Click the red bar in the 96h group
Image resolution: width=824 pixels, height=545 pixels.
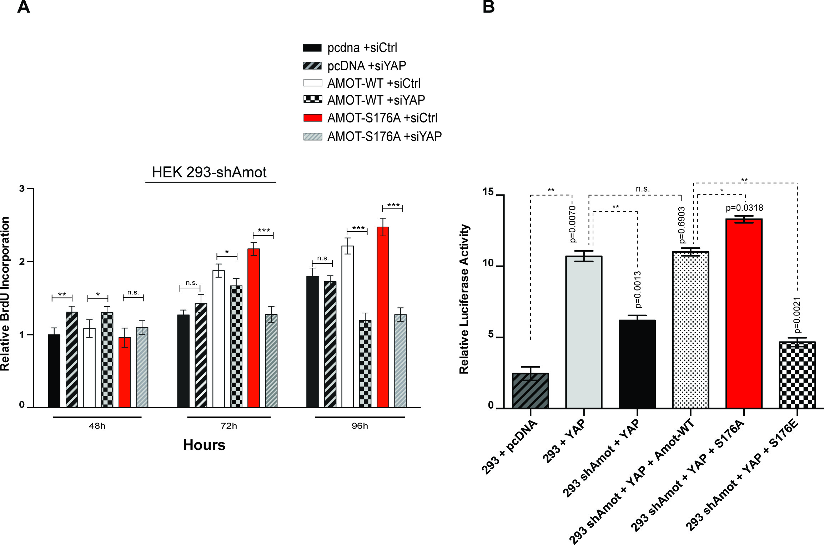(383, 318)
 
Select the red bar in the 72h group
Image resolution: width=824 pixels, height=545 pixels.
(253, 328)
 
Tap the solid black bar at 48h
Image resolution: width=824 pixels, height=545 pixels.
(54, 371)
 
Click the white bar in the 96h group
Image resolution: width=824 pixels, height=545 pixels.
(347, 327)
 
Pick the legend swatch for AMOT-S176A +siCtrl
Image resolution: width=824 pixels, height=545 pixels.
(312, 118)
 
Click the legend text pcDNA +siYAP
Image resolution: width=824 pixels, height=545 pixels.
(367, 66)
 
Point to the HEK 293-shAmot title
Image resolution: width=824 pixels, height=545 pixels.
(209, 172)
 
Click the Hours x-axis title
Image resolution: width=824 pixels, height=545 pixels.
(204, 445)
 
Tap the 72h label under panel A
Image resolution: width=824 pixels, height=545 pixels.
(229, 426)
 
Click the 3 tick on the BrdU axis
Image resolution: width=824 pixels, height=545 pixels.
(22, 188)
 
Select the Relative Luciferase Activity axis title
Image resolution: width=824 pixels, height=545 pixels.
(464, 299)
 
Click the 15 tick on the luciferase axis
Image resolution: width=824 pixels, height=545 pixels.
(488, 192)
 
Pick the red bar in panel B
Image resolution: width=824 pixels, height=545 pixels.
(744, 314)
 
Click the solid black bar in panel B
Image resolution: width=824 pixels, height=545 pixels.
(637, 364)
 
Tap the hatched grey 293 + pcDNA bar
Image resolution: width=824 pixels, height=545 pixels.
(531, 391)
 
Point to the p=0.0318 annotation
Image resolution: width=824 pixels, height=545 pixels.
(744, 208)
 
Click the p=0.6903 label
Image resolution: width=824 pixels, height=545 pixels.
(682, 225)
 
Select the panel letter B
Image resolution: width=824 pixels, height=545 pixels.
(488, 7)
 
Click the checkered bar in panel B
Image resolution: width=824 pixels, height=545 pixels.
(797, 375)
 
